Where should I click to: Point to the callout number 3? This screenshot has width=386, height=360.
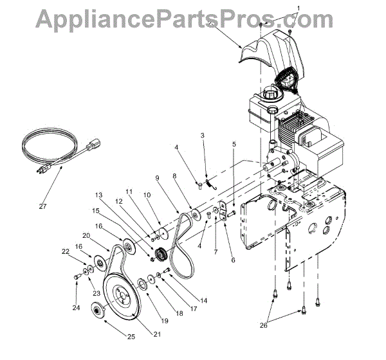(202, 136)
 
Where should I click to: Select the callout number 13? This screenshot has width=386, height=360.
(100, 195)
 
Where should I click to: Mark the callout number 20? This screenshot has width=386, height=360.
(86, 236)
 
